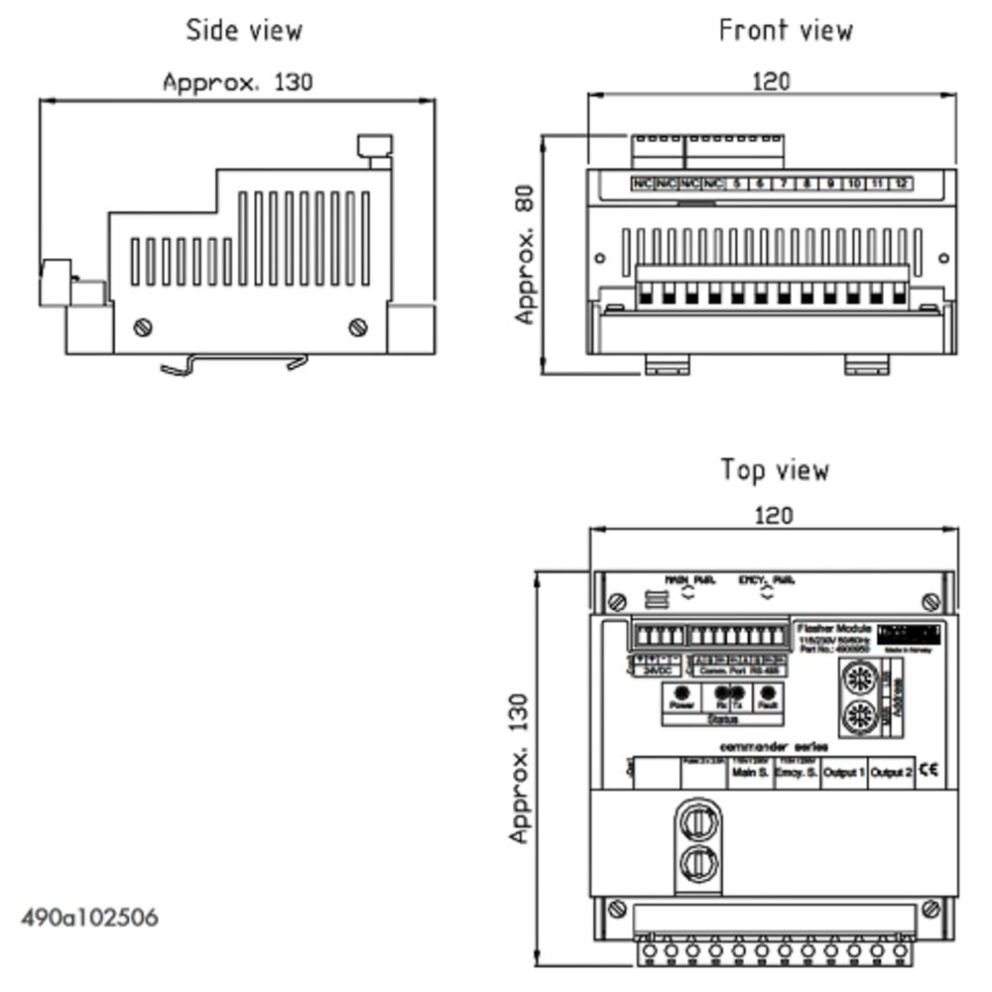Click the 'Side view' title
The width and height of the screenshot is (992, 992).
click(244, 31)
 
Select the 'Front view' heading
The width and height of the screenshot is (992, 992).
click(785, 31)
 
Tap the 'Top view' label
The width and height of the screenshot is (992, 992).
click(774, 469)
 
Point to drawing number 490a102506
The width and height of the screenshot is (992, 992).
click(89, 917)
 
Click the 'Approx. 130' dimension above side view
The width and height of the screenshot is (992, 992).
click(237, 81)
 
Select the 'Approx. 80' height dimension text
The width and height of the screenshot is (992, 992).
click(526, 254)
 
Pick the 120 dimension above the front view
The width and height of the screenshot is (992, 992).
click(771, 80)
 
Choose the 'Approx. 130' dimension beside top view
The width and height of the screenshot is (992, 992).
click(519, 768)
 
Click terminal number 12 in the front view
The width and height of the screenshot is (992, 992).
click(900, 184)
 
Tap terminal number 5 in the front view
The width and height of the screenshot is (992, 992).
click(736, 184)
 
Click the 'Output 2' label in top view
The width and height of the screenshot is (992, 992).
click(892, 772)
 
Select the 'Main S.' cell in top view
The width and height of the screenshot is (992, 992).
click(750, 772)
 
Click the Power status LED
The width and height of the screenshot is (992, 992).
click(682, 694)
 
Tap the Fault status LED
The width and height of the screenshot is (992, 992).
click(767, 694)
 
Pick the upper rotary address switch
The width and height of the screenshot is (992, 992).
click(858, 681)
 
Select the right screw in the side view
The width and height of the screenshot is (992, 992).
click(358, 326)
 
